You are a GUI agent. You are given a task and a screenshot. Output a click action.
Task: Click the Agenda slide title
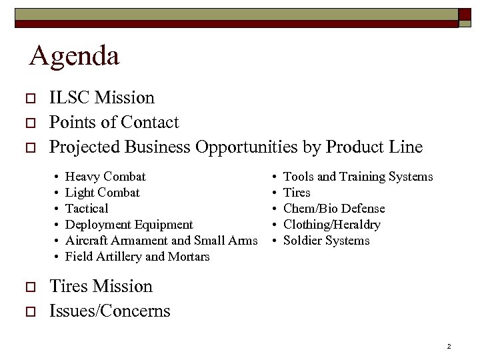[74, 56]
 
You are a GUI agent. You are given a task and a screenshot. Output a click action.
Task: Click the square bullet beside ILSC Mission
[29, 99]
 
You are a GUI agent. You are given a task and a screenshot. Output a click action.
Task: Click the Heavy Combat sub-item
[105, 177]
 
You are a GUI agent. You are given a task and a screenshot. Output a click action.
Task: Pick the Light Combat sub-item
[102, 193]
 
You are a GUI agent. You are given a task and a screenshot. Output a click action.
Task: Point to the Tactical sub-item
[87, 209]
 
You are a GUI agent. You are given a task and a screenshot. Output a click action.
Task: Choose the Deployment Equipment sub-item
[129, 225]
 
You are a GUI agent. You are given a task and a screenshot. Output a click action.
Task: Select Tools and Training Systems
[358, 177]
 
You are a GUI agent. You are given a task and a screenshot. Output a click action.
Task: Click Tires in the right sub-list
[297, 193]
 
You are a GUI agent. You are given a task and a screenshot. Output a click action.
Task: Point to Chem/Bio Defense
[334, 209]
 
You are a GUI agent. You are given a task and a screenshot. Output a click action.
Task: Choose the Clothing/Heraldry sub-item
[332, 225]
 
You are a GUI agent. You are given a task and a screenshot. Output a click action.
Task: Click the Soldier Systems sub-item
[327, 241]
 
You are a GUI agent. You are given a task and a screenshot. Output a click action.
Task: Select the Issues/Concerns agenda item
[110, 311]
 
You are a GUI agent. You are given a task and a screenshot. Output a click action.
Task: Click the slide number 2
[449, 347]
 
